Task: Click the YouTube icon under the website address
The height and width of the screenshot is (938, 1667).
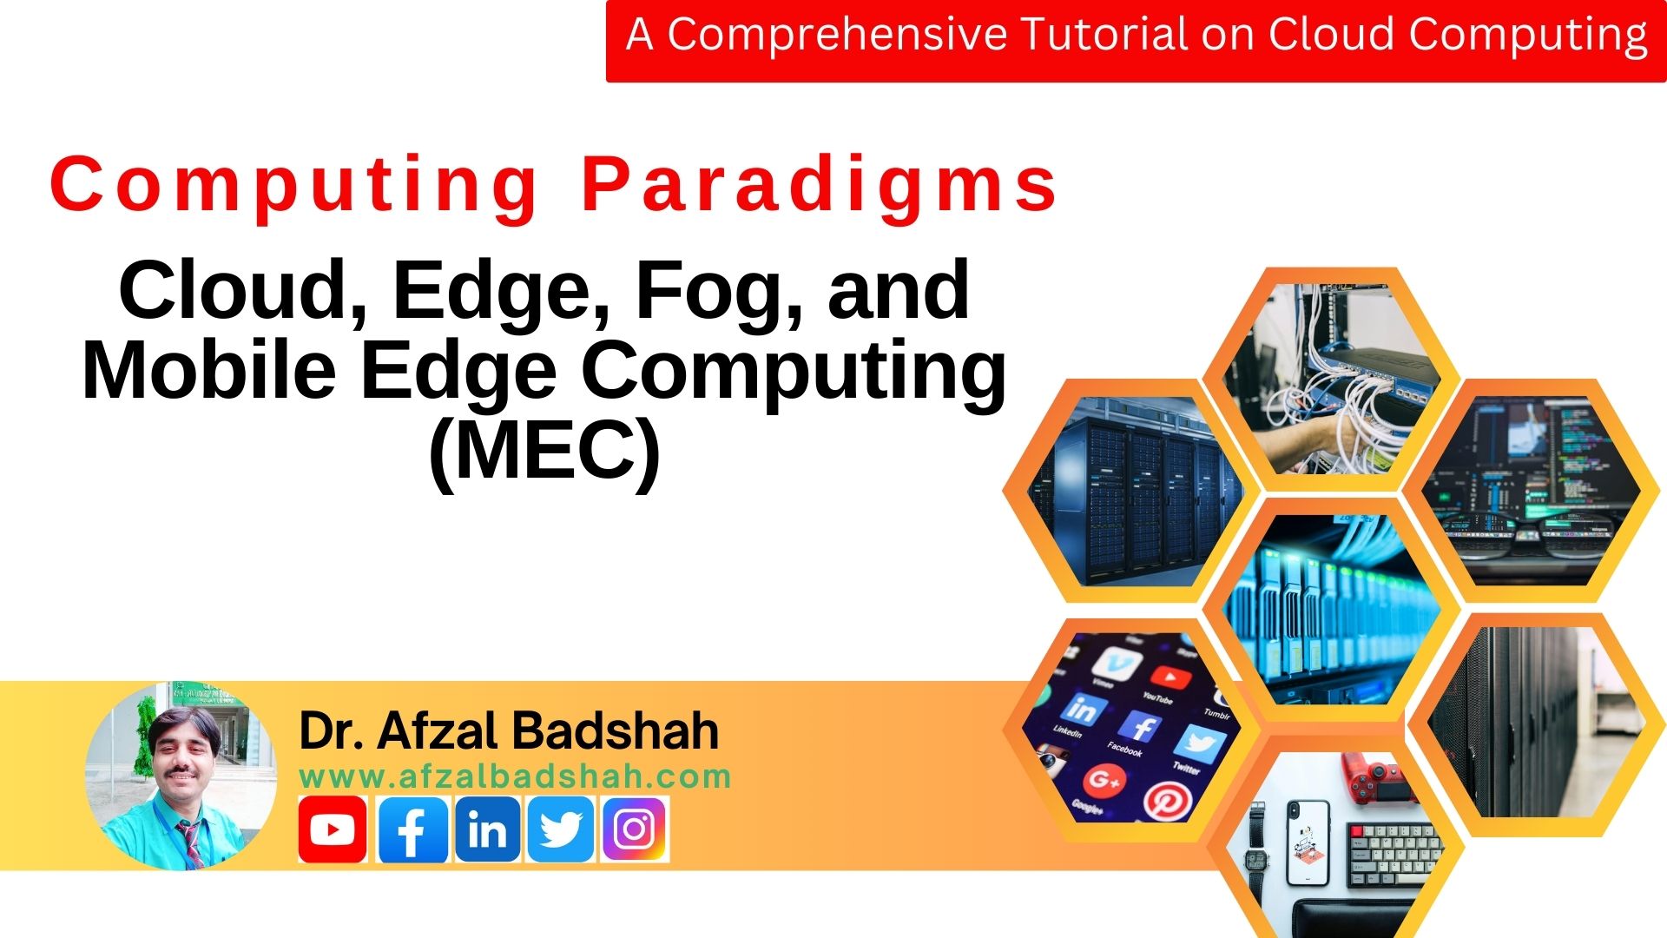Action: [x=332, y=829]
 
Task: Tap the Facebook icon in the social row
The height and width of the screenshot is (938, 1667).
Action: [x=413, y=829]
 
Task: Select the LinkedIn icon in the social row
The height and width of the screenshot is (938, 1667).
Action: [x=487, y=829]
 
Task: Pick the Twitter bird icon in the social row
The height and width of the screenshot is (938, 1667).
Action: [x=561, y=829]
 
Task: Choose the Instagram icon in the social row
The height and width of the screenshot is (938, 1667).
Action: [x=634, y=829]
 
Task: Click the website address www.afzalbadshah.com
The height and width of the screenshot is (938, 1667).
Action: [x=515, y=776]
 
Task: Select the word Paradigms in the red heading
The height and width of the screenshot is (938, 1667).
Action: [x=820, y=184]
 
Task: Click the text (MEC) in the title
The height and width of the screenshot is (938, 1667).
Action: [x=544, y=450]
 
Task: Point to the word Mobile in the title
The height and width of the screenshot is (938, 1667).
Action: [x=208, y=370]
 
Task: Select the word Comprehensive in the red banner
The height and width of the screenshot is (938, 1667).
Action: [x=836, y=35]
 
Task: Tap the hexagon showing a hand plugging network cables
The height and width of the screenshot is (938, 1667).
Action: [x=1330, y=379]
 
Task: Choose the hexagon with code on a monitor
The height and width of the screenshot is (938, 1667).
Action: [x=1532, y=491]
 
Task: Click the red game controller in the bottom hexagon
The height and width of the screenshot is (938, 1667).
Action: [x=1372, y=777]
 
